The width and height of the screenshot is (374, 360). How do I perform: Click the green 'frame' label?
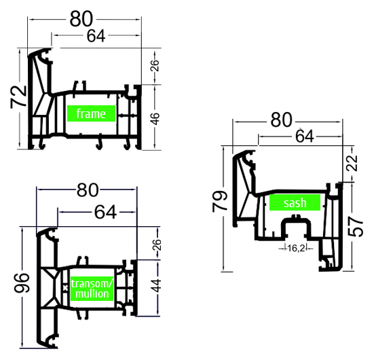pos(91,113)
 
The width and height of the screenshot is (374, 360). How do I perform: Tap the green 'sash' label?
pos(295,202)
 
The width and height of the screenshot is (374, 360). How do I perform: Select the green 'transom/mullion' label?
pos(92,289)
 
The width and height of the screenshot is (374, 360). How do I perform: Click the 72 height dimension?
pos(18,96)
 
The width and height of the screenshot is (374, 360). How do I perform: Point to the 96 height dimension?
pos(22,283)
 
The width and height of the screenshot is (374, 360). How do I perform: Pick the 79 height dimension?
pos(220,201)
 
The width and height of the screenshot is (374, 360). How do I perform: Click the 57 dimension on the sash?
pos(356,226)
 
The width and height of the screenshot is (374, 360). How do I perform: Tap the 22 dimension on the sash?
pos(352,163)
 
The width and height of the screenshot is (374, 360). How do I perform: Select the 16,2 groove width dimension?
pos(296,249)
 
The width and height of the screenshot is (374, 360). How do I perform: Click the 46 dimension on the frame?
pos(155,119)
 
